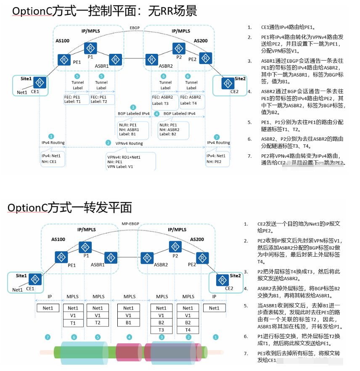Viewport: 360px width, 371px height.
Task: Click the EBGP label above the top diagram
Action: pyautogui.click(x=135, y=28)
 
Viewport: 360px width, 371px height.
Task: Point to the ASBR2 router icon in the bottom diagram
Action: pyautogui.click(x=147, y=257)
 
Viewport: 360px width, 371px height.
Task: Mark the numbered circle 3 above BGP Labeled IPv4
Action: pyautogui.click(x=133, y=108)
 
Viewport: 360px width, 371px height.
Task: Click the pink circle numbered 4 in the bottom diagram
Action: pyautogui.click(x=130, y=337)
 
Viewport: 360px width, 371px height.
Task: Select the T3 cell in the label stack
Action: pyautogui.click(x=161, y=330)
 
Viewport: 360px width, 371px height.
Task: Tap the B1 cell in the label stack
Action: pyautogui.click(x=129, y=323)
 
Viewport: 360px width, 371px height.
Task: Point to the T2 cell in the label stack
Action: pyautogui.click(x=98, y=323)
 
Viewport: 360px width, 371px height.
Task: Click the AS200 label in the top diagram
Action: pyautogui.click(x=201, y=41)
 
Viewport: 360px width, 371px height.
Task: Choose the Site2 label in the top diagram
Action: pyautogui.click(x=240, y=79)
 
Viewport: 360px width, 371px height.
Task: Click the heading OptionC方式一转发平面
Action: pyautogui.click(x=70, y=207)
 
